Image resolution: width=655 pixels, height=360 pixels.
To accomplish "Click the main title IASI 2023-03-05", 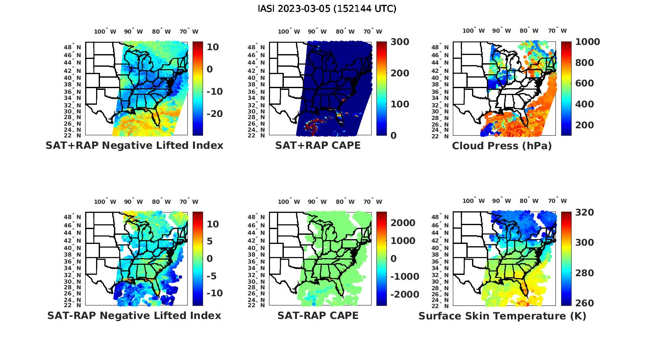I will [x=327, y=9].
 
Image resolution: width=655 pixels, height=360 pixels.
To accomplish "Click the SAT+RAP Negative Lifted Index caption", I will [x=134, y=146].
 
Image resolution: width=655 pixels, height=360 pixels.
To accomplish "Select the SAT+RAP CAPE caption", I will [x=318, y=146].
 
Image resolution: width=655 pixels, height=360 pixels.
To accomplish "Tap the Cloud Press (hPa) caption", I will [x=502, y=146].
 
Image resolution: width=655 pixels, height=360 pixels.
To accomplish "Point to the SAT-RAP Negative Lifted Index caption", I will [x=134, y=315].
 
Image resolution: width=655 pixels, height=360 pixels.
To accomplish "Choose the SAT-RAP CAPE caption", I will [x=318, y=315].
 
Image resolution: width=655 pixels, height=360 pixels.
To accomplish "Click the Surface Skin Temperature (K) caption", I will [x=502, y=316].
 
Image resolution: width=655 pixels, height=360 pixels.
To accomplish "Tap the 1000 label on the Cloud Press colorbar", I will [x=587, y=42].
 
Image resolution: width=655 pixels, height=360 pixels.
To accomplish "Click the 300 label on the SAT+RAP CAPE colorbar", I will [x=400, y=42].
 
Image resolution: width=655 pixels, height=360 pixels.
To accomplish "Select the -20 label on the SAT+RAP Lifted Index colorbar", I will [x=214, y=114].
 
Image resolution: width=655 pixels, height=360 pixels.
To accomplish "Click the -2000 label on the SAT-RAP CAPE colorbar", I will [x=404, y=295].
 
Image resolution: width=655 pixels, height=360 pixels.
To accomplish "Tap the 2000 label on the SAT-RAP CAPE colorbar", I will [x=403, y=223].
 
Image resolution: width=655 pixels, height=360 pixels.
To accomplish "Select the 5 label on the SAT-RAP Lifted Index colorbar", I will [x=209, y=241].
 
